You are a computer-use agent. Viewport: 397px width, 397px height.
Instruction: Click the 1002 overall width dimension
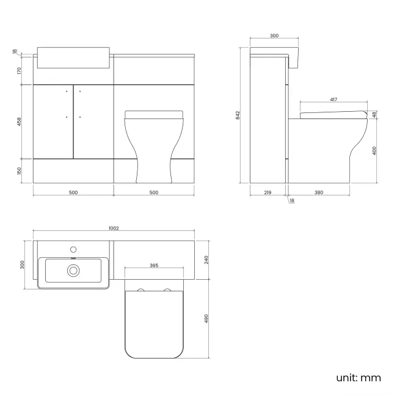coord(113,228)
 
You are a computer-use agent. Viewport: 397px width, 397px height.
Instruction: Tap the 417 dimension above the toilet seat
coord(333,100)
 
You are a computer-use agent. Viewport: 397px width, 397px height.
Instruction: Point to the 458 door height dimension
coord(19,122)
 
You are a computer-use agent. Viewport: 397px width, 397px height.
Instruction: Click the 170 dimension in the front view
coord(19,71)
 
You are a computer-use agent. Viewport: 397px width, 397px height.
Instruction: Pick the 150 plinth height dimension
coord(19,170)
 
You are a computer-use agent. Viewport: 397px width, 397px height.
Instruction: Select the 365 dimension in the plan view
coord(154,266)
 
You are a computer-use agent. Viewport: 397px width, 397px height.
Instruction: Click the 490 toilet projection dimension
coord(207,319)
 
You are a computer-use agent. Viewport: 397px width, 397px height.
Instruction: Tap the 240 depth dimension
coord(207,260)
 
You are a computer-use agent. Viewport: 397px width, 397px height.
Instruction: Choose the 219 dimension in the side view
coord(268,192)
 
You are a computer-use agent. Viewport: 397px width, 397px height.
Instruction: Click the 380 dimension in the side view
coord(318,192)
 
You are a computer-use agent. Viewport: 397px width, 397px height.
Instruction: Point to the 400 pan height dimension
coord(374,150)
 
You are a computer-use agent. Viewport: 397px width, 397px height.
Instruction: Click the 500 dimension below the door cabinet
coord(73,192)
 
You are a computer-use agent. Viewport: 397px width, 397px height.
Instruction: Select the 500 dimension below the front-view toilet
coord(154,192)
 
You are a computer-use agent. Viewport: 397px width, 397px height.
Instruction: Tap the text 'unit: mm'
coord(358,377)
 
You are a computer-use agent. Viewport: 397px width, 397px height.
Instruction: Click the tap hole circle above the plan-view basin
coord(73,249)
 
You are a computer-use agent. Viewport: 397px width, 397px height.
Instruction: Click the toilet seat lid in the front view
coord(154,114)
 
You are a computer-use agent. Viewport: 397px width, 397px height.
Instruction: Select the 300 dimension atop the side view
coord(274,36)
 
